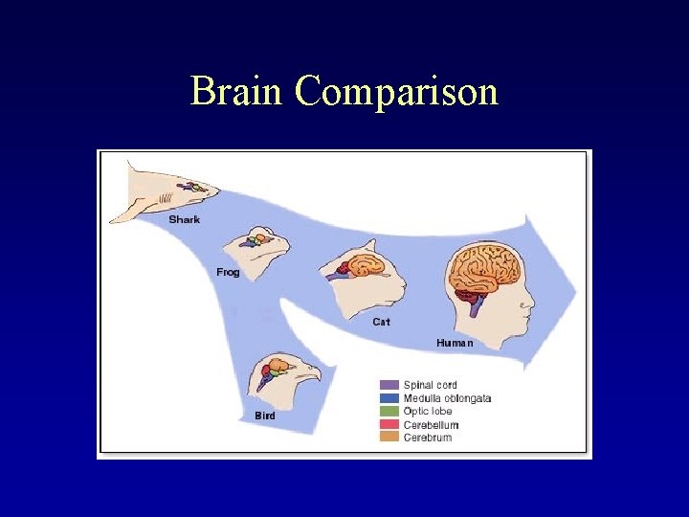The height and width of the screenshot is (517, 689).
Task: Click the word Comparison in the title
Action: point(396,92)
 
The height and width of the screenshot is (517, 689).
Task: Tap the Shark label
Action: point(184,220)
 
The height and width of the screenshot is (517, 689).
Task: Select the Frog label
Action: point(228,273)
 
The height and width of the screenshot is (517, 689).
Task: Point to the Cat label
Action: point(381,322)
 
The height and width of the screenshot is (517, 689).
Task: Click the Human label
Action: point(455,342)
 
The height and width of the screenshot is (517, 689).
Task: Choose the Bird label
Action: point(265,416)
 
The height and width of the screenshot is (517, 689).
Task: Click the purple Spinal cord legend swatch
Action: point(389,385)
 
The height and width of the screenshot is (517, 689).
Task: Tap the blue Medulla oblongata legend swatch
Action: point(389,398)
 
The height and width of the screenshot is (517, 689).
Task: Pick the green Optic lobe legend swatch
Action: point(389,412)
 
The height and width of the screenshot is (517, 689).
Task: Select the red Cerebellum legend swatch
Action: point(389,425)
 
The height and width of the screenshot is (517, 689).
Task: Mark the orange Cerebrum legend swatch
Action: point(389,438)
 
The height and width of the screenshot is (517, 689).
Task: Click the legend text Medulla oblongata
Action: point(447,398)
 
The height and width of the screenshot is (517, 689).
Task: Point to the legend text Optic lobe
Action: point(428,412)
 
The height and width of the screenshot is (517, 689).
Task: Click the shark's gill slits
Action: point(166,200)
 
